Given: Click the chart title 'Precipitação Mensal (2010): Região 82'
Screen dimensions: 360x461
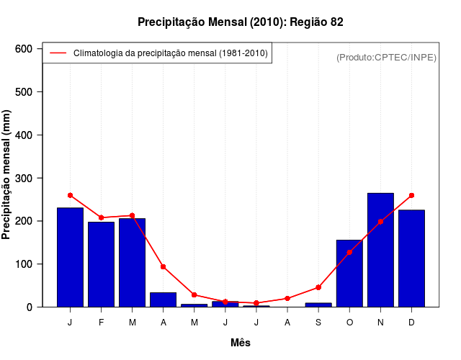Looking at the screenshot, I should (241, 22).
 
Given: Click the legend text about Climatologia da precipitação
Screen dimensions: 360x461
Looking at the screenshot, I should (171, 53).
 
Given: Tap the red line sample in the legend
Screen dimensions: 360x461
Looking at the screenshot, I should (58, 53).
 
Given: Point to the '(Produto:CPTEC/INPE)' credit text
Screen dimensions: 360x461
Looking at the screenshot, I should (386, 57).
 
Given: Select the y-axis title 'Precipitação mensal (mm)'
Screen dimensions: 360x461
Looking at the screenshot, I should (7, 174).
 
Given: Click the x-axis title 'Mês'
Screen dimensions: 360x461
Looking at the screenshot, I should (241, 343).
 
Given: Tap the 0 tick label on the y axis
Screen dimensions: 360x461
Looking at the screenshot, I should (30, 307).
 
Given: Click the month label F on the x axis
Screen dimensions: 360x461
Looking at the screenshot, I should (101, 323).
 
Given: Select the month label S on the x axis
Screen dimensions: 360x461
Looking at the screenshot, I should (318, 323).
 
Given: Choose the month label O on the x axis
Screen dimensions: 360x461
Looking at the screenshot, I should (349, 323).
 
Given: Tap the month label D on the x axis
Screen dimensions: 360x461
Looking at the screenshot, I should (411, 323).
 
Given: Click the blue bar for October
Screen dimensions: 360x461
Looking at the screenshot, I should (349, 274).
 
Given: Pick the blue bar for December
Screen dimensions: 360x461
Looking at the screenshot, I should (411, 258).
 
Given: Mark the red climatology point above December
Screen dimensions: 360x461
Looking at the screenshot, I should (411, 195).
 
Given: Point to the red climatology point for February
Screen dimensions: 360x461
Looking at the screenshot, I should (101, 217).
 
